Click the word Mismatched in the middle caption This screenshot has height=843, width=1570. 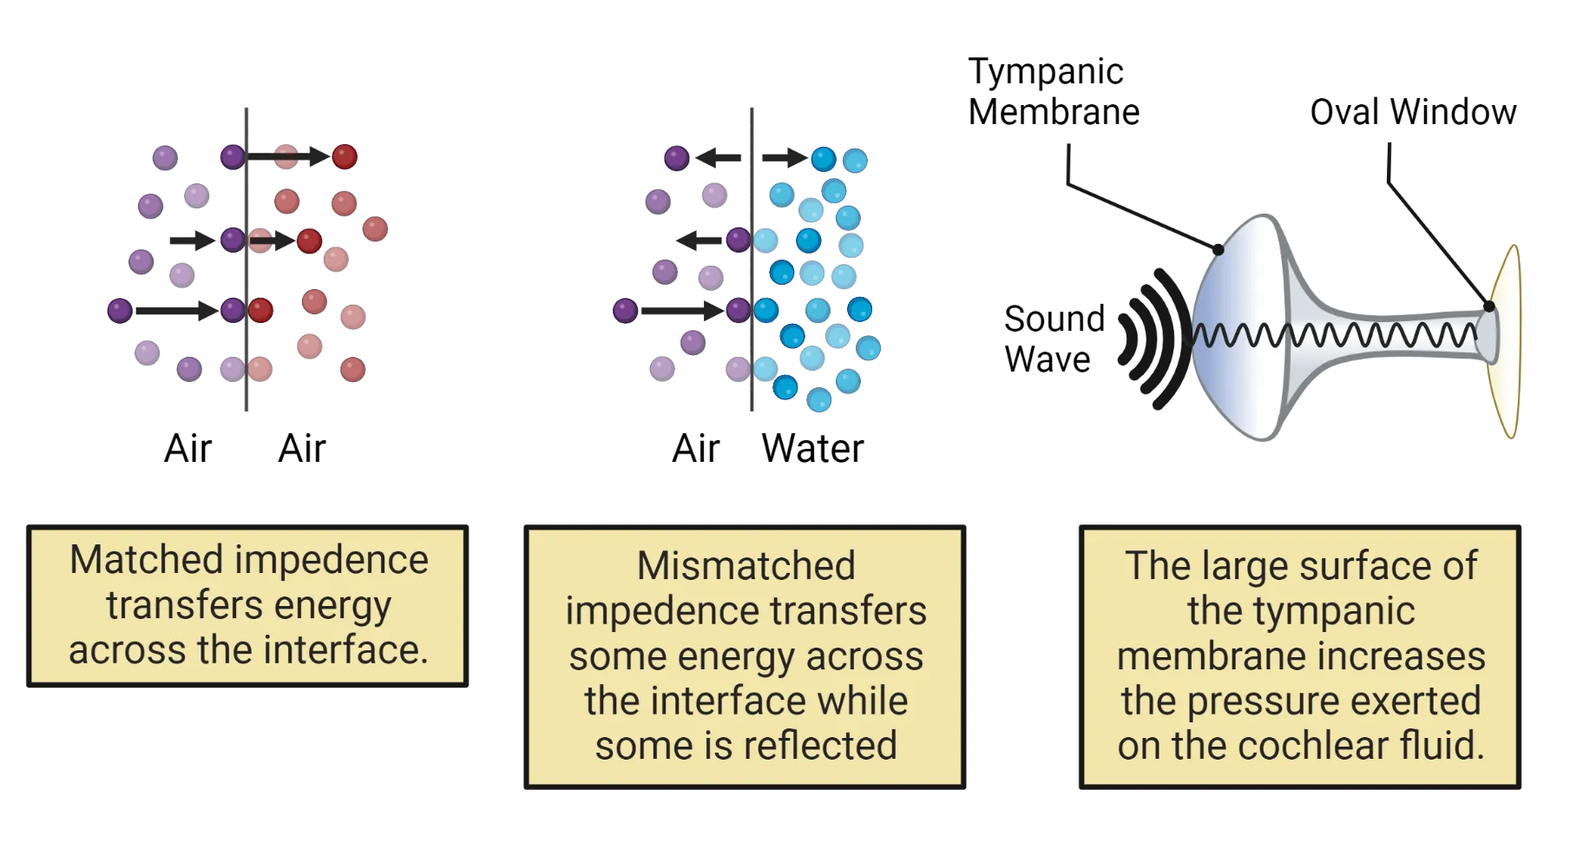click(x=746, y=566)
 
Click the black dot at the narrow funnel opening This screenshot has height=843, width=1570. click(x=1488, y=306)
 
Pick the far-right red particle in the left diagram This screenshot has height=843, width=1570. click(x=375, y=229)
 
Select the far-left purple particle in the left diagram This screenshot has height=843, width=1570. click(x=119, y=310)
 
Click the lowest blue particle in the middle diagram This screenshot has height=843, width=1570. click(x=818, y=400)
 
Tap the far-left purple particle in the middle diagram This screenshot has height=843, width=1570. click(x=625, y=310)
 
